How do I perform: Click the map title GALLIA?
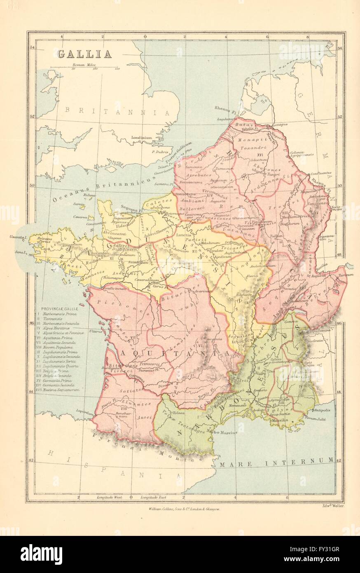[84, 54]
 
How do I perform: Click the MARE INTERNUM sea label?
[276, 460]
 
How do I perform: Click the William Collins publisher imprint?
[186, 510]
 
